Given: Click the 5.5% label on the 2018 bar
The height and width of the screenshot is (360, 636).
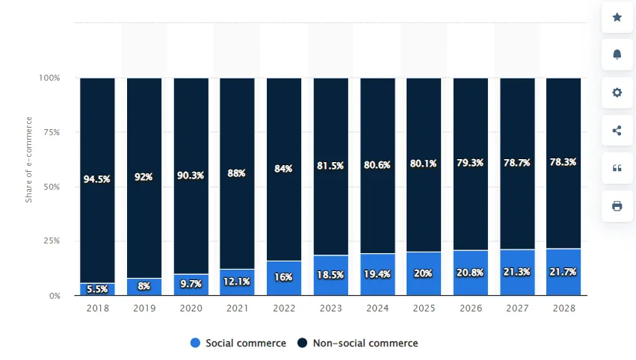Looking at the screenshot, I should (x=97, y=288).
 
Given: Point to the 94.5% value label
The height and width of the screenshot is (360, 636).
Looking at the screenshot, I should (x=97, y=179).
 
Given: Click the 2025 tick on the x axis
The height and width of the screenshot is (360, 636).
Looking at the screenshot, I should (x=423, y=307).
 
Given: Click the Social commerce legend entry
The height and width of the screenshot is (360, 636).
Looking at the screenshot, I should (x=238, y=343).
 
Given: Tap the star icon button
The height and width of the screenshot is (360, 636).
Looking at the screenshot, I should (x=617, y=17).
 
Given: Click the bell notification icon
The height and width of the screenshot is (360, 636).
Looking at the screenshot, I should (x=617, y=55).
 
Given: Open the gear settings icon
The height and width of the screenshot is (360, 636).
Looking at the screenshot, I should (x=617, y=93).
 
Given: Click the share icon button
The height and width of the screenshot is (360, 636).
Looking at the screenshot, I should (x=617, y=131).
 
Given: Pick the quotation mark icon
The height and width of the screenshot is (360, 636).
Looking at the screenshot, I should (x=617, y=168).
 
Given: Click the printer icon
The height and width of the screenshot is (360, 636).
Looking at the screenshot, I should (x=617, y=206).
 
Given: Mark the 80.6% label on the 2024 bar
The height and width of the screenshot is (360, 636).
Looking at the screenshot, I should (x=377, y=165).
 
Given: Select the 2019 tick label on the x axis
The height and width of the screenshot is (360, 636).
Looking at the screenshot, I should (x=143, y=307).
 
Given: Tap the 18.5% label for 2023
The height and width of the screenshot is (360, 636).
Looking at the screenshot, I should (x=330, y=275).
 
